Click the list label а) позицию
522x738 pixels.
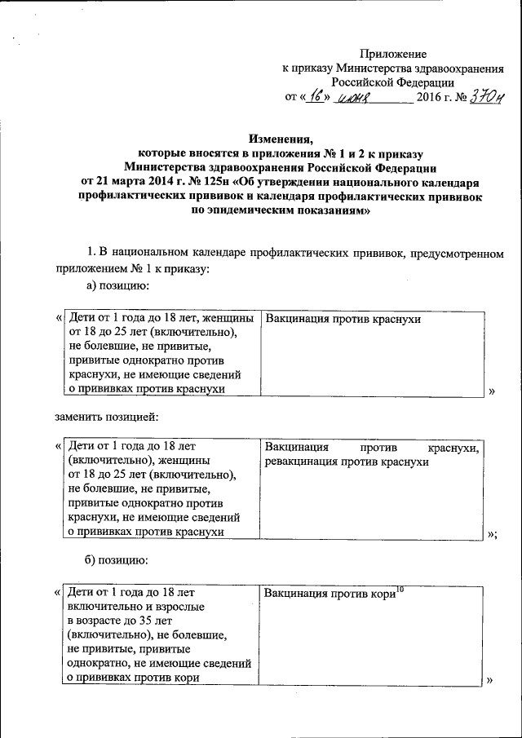pyautogui.click(x=117, y=285)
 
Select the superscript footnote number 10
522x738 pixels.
pyautogui.click(x=400, y=588)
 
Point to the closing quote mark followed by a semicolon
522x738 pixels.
pyautogui.click(x=492, y=534)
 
